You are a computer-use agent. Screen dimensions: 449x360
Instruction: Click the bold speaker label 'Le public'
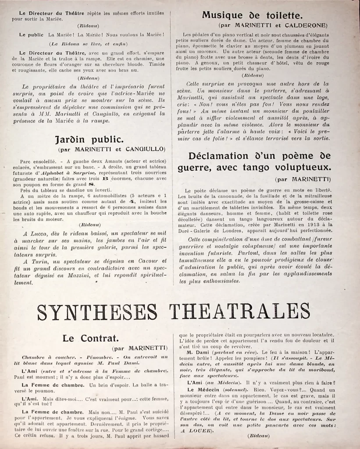click(x=31, y=34)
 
